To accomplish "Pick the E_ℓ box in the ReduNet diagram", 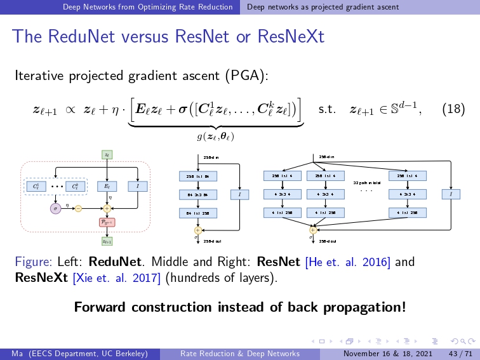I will [106, 187].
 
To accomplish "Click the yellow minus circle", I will [77, 208].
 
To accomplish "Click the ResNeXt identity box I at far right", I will [451, 194].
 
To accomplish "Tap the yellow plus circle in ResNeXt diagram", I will [312, 230].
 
